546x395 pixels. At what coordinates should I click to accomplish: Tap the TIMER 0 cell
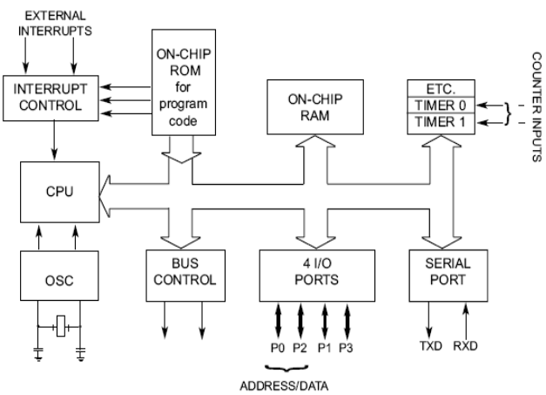[441, 105]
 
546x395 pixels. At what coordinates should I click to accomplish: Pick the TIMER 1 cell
[441, 122]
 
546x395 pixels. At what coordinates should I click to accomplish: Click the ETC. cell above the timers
[441, 88]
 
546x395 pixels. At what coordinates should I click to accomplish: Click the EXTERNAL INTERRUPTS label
[54, 24]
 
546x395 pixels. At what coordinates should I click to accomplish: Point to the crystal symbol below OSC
[60, 329]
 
